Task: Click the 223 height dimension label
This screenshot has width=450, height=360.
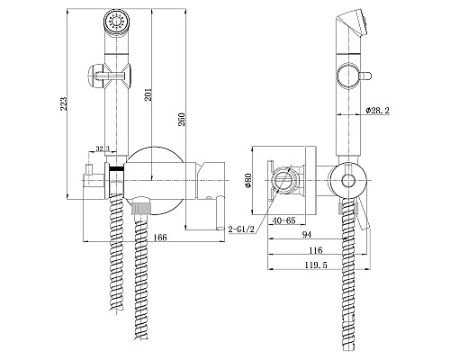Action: coord(64,103)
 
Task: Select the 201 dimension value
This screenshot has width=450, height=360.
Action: coord(148,94)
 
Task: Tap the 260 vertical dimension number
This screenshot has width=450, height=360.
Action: coord(182,119)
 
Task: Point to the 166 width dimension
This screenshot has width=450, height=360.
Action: coord(160,238)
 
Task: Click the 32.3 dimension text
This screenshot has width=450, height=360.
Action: coord(103,148)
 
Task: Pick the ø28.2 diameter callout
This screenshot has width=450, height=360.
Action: coord(377,111)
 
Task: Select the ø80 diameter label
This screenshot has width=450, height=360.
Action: coord(248,180)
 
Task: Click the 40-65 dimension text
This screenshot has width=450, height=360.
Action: coord(283,220)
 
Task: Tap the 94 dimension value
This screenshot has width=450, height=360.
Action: coord(307,235)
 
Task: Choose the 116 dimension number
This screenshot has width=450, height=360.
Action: coord(316,250)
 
